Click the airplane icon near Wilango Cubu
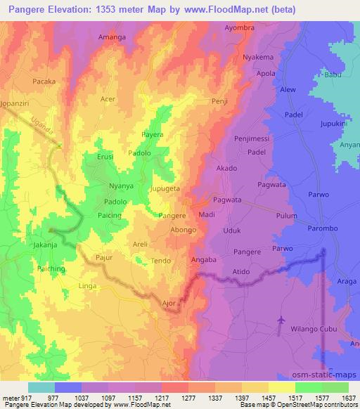pyautogui.click(x=282, y=320)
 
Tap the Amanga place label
pyautogui.click(x=112, y=36)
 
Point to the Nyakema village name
pyautogui.click(x=257, y=58)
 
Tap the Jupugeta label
pyautogui.click(x=166, y=189)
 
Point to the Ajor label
pyautogui.click(x=169, y=304)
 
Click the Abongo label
pyautogui.click(x=184, y=229)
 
